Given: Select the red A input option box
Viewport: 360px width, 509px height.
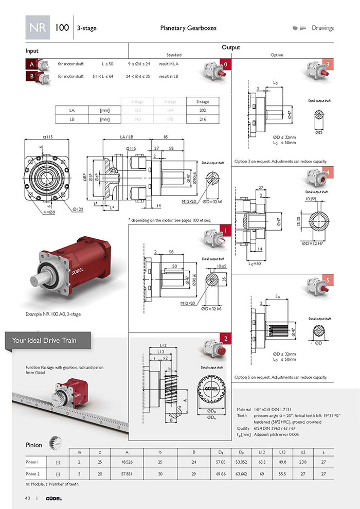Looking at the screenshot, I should click(x=31, y=65).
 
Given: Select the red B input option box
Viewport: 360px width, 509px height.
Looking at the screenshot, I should click(x=31, y=77).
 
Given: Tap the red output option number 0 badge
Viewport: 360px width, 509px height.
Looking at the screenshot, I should click(x=225, y=64).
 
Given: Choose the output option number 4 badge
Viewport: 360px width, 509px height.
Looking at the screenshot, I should click(x=328, y=171).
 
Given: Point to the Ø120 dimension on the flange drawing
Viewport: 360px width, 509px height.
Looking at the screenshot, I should click(x=79, y=209).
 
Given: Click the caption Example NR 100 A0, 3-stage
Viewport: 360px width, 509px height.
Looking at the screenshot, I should click(x=53, y=313).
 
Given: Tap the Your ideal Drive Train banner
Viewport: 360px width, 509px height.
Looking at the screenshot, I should click(x=47, y=340).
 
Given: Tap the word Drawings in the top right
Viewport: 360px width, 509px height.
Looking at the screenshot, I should click(x=322, y=28).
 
